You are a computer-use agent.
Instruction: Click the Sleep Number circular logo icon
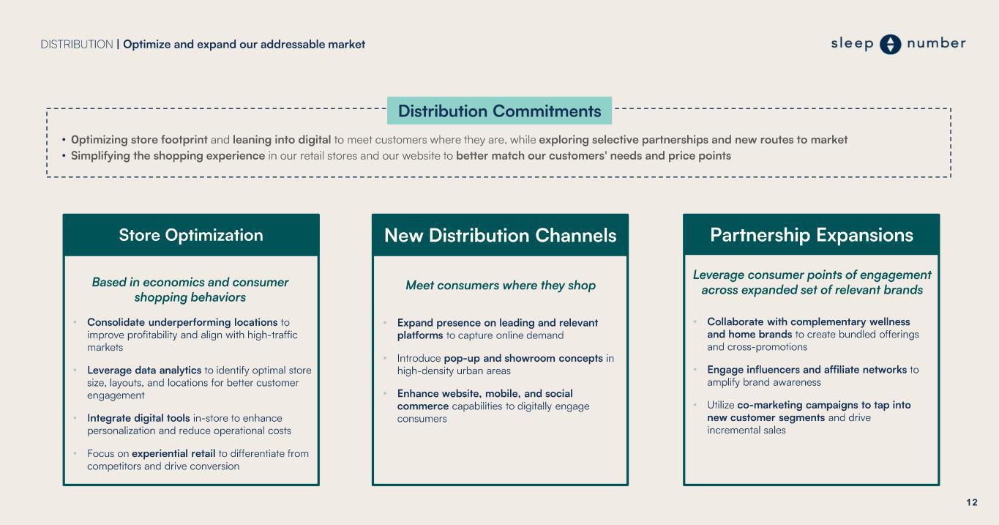pos(890,45)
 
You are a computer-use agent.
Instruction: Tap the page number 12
pos(971,502)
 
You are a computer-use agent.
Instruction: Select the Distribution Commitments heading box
pos(499,111)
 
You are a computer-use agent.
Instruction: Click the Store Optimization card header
pos(191,235)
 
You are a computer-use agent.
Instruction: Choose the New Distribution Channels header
pos(500,235)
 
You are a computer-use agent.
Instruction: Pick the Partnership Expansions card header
pos(811,235)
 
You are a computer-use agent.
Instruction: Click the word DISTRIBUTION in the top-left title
pos(77,45)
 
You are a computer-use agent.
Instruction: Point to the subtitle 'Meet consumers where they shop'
pos(501,286)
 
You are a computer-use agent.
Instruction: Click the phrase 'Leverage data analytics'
pos(144,371)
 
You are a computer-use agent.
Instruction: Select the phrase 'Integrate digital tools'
pos(138,418)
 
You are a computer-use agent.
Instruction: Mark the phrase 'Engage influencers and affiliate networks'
pos(807,370)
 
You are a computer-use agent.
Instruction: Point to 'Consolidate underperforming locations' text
pos(182,322)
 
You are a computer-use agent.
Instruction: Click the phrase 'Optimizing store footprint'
pos(139,140)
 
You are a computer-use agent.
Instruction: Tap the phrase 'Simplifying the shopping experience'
pos(168,156)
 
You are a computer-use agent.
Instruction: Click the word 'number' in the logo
pos(936,43)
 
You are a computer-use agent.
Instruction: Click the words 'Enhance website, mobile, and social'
pos(485,393)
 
